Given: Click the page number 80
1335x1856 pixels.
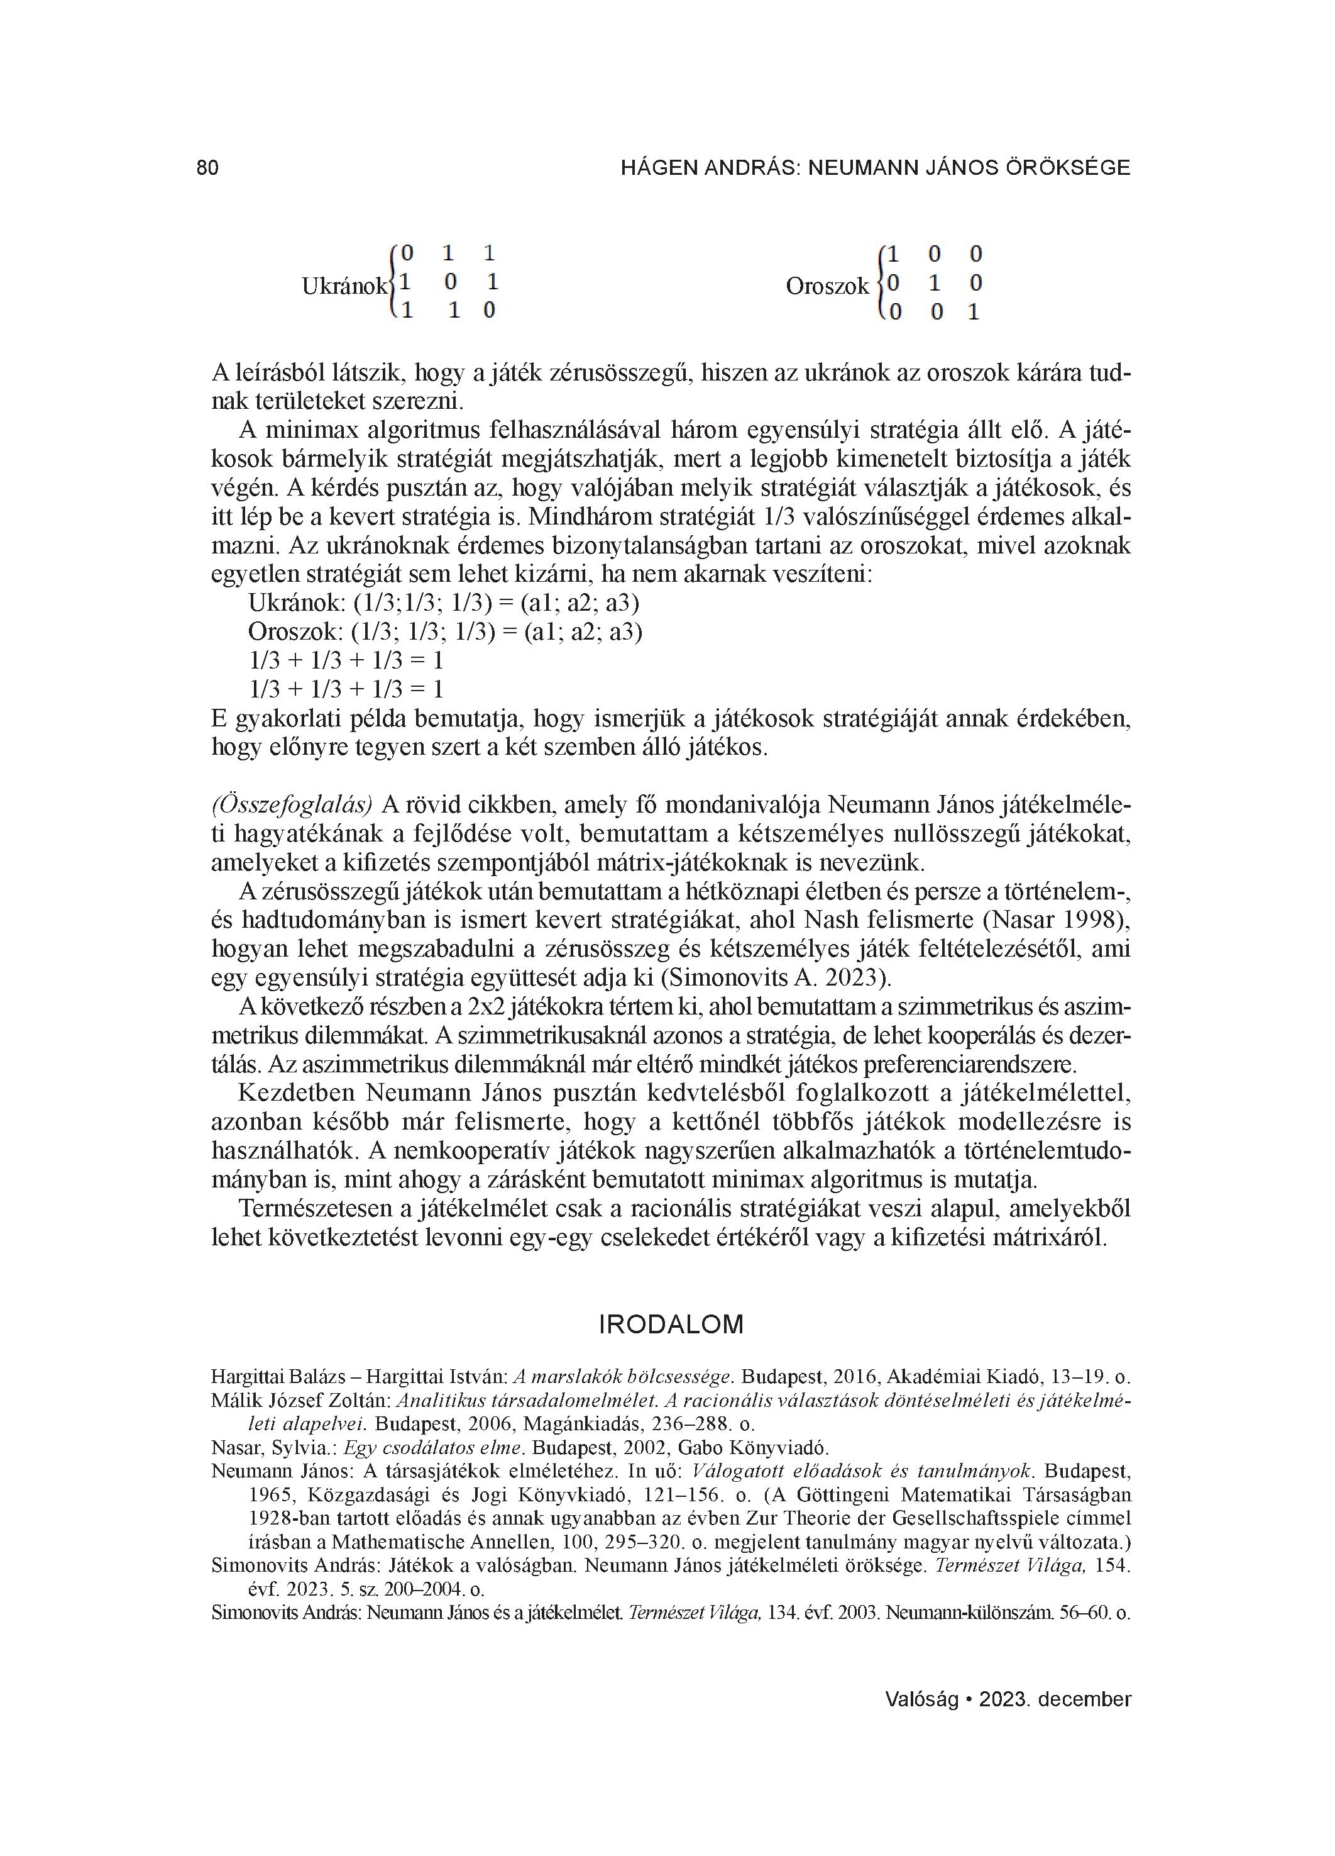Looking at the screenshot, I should [208, 168].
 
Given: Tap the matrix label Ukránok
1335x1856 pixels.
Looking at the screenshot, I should [344, 286].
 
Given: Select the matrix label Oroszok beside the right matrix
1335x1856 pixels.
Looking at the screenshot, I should [827, 286].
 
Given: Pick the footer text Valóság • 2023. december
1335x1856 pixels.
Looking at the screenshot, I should [1008, 1699].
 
